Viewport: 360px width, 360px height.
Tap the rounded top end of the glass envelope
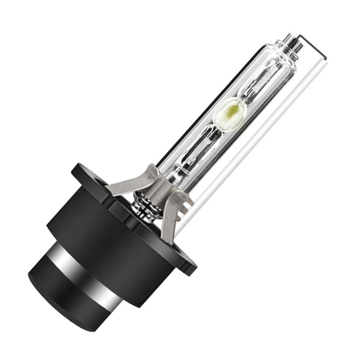[285, 49]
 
